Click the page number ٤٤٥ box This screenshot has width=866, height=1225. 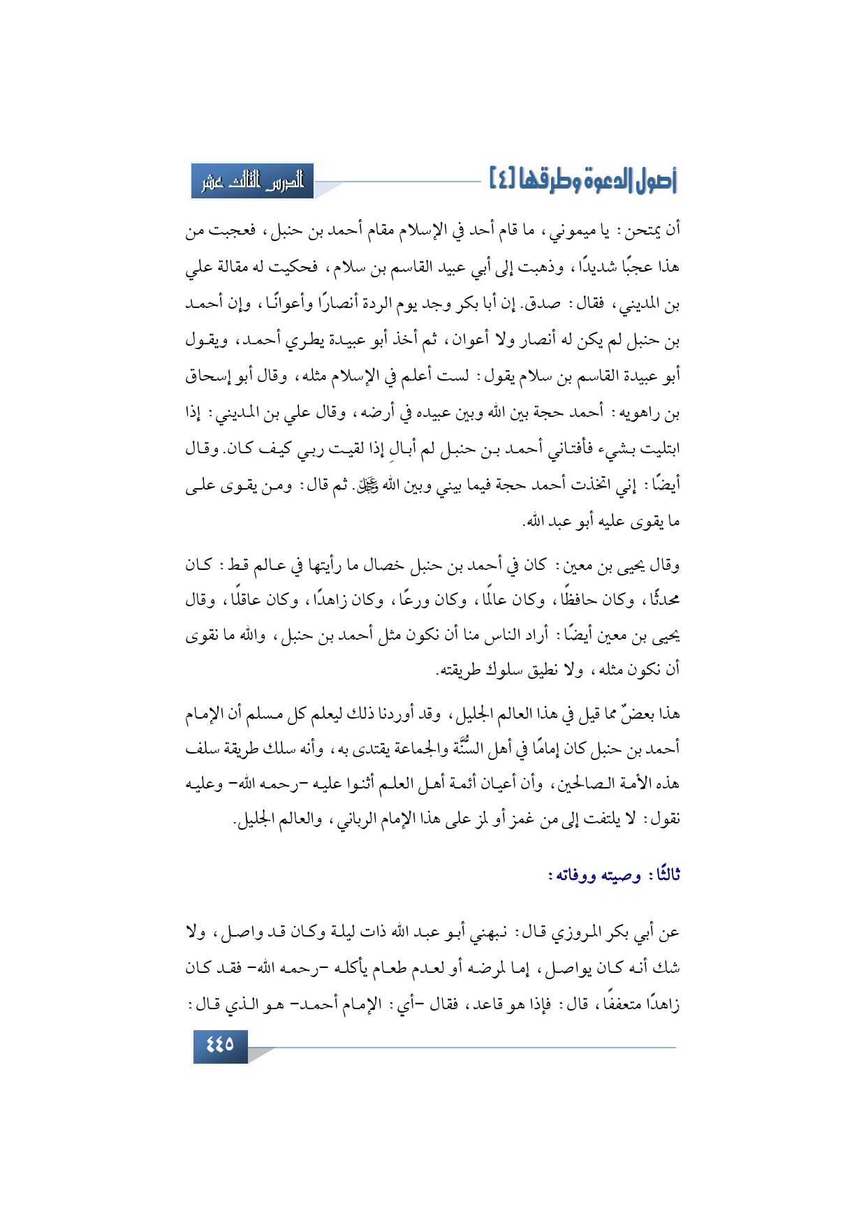click(220, 1046)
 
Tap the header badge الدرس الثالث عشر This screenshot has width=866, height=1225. click(252, 182)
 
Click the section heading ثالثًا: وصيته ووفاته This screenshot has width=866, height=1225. click(614, 875)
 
